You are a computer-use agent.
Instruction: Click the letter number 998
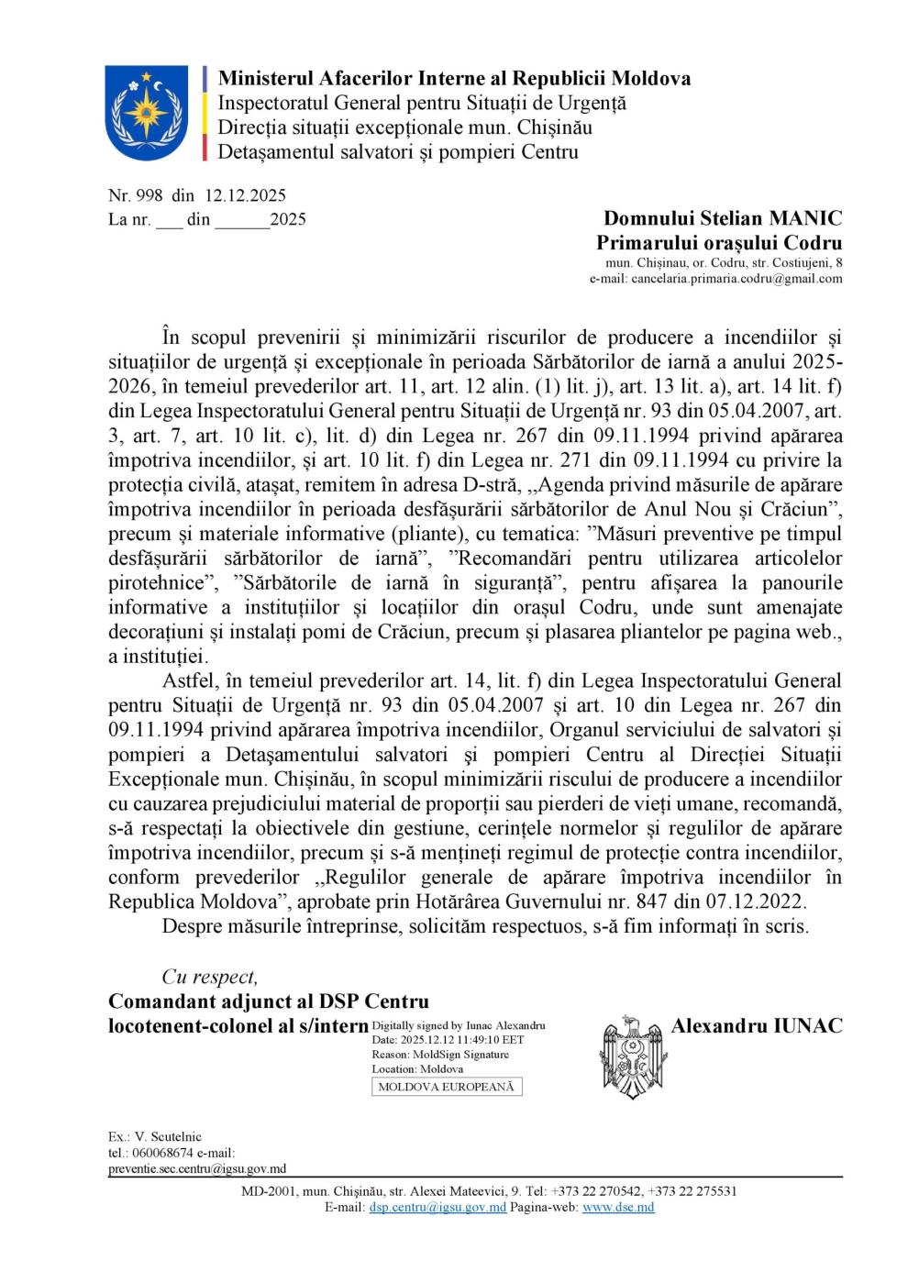pyautogui.click(x=149, y=194)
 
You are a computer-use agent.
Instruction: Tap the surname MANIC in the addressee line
pyautogui.click(x=804, y=218)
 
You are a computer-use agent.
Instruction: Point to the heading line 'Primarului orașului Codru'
pyautogui.click(x=719, y=243)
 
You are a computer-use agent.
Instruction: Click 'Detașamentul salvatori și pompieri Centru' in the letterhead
pyautogui.click(x=397, y=152)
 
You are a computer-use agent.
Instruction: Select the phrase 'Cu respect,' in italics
pyautogui.click(x=210, y=977)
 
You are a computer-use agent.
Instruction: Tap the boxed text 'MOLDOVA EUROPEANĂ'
pyautogui.click(x=447, y=1087)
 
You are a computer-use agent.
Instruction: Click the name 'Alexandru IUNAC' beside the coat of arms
pyautogui.click(x=757, y=1025)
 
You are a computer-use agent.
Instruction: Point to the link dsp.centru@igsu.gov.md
pyautogui.click(x=437, y=1208)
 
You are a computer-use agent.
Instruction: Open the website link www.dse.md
pyautogui.click(x=618, y=1208)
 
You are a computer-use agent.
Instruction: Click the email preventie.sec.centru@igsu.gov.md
pyautogui.click(x=197, y=1168)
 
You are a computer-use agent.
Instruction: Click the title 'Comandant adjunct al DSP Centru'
pyautogui.click(x=269, y=1001)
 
